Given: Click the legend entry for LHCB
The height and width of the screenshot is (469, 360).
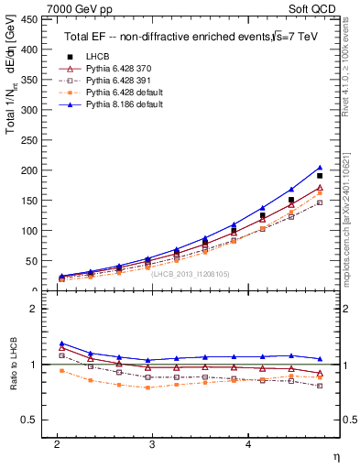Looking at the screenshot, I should [100, 57].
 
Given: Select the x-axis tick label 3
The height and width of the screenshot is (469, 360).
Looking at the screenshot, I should [152, 442].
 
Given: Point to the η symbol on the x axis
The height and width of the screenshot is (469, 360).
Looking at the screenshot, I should [337, 455].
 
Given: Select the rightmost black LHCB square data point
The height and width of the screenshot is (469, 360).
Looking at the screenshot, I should [320, 175].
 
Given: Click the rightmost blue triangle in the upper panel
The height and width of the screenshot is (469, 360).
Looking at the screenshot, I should [320, 168].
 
